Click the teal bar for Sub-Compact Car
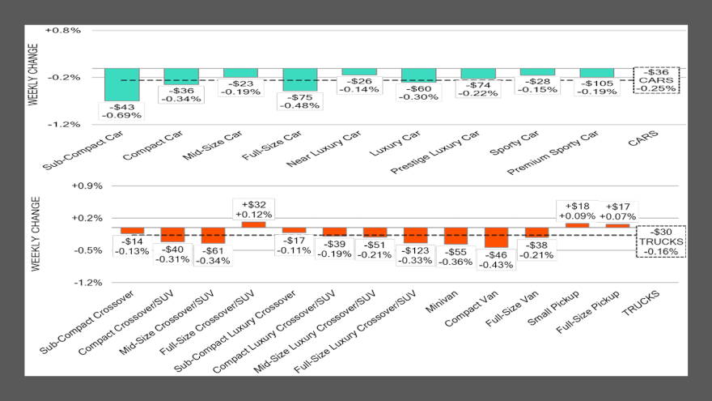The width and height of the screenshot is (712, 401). click(x=122, y=85)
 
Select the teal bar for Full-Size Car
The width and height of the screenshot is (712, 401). click(x=300, y=78)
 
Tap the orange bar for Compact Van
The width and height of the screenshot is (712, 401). click(x=496, y=237)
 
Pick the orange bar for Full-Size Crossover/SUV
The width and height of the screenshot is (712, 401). click(x=253, y=224)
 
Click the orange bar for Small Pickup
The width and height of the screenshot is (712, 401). click(x=577, y=225)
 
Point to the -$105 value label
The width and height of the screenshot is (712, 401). click(x=596, y=87)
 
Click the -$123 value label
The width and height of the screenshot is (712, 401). click(x=415, y=255)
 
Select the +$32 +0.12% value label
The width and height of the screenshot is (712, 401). click(x=253, y=209)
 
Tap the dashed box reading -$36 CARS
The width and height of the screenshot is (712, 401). click(x=656, y=80)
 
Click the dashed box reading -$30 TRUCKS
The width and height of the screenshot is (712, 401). click(x=661, y=241)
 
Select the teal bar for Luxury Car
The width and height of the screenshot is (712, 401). click(x=418, y=75)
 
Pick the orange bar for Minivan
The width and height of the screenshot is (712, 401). click(x=456, y=236)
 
